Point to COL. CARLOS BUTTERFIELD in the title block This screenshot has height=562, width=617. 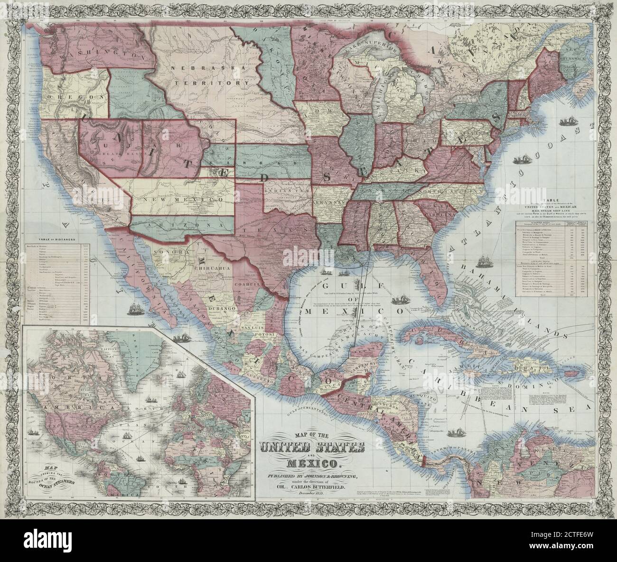pos(311,488)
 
